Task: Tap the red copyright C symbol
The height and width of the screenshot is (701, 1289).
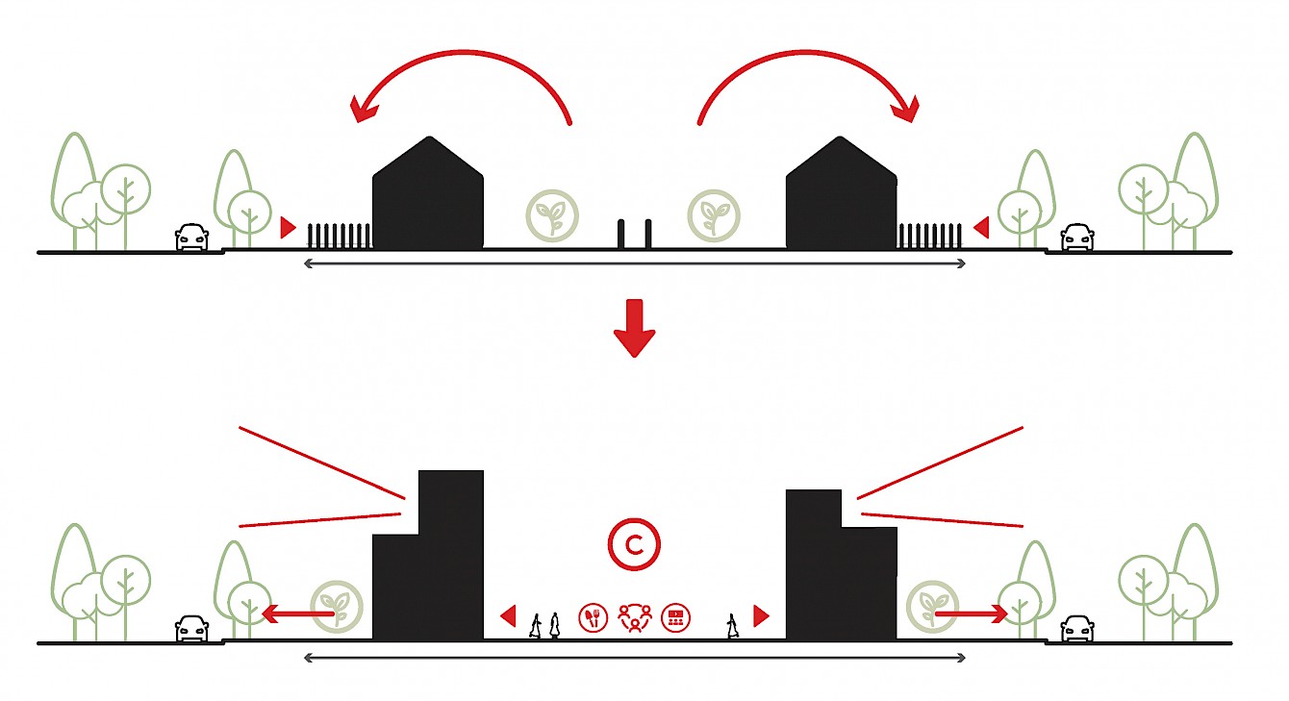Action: pyautogui.click(x=634, y=545)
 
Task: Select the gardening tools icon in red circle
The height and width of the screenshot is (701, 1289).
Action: pyautogui.click(x=594, y=617)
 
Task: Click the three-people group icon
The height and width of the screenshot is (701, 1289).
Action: pyautogui.click(x=635, y=617)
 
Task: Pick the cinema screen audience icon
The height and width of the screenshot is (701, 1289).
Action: pyautogui.click(x=675, y=617)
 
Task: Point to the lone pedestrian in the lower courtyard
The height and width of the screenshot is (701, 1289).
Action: pyautogui.click(x=734, y=625)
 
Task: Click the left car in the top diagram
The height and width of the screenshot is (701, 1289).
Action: pyautogui.click(x=191, y=237)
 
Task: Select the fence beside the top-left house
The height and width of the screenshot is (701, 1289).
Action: pyautogui.click(x=338, y=237)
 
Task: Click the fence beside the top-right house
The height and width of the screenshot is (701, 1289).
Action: pyautogui.click(x=930, y=237)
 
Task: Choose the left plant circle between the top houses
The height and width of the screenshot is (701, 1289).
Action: pyautogui.click(x=552, y=214)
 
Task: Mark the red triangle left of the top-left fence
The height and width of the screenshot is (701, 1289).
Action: pyautogui.click(x=287, y=228)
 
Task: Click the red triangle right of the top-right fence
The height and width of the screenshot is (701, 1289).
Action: pyautogui.click(x=981, y=228)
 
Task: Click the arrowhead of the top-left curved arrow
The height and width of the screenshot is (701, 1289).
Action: pyautogui.click(x=363, y=108)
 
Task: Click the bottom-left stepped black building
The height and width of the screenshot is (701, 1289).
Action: pyautogui.click(x=429, y=567)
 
